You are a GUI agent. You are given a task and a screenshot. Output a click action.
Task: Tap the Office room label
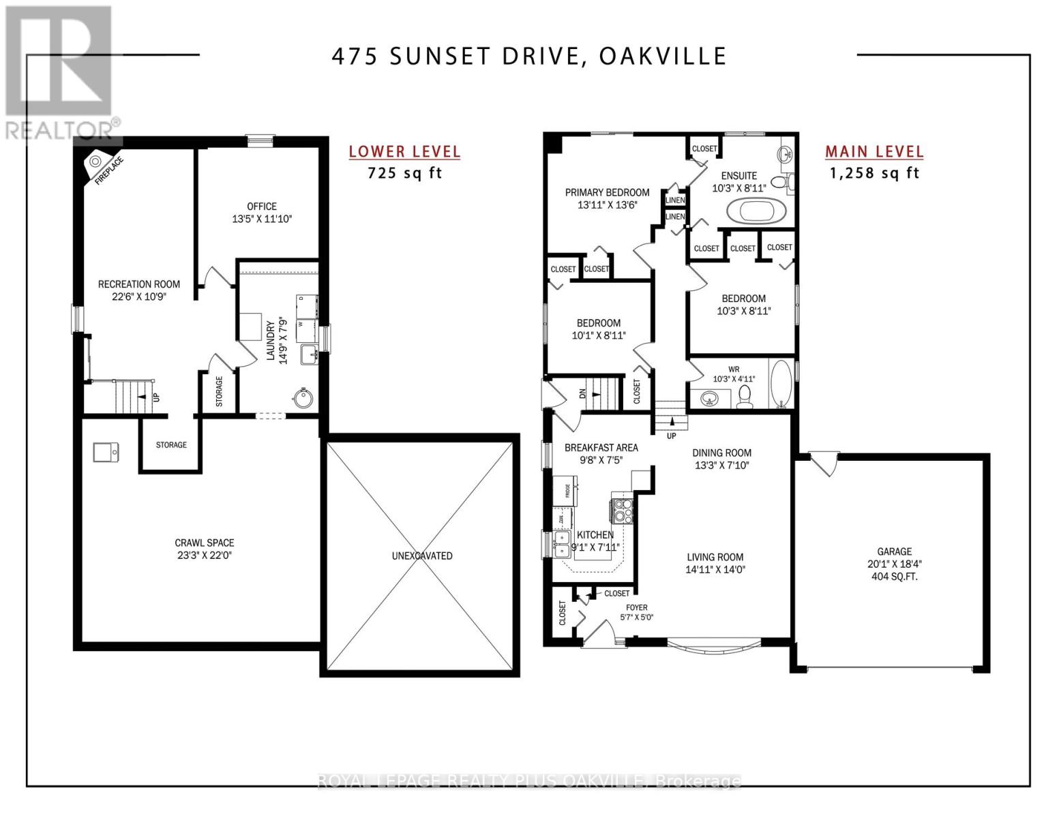coord(262,206)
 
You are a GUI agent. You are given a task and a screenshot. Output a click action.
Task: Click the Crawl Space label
coord(205,543)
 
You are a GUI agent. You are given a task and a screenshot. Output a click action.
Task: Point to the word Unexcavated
coord(422,556)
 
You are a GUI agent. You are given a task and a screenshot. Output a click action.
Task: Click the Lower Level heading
coord(404,152)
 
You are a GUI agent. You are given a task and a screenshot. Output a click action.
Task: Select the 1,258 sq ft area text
coord(874,173)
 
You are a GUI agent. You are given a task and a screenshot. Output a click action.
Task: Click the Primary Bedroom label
coord(607,192)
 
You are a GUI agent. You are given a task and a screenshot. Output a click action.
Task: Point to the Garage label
coord(894,551)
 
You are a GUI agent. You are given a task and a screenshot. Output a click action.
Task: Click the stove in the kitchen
coord(623,510)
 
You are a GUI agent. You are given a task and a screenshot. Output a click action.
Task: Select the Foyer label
coord(637,607)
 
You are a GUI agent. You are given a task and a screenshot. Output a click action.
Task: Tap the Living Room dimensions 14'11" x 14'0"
coord(715,569)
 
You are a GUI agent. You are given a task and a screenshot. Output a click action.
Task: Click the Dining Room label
coord(721,453)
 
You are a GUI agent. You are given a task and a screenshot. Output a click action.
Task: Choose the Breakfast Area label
coord(601,447)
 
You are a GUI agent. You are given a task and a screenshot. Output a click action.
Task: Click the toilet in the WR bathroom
coord(745,396)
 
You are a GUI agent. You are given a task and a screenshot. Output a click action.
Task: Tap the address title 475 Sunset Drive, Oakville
coord(529,57)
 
